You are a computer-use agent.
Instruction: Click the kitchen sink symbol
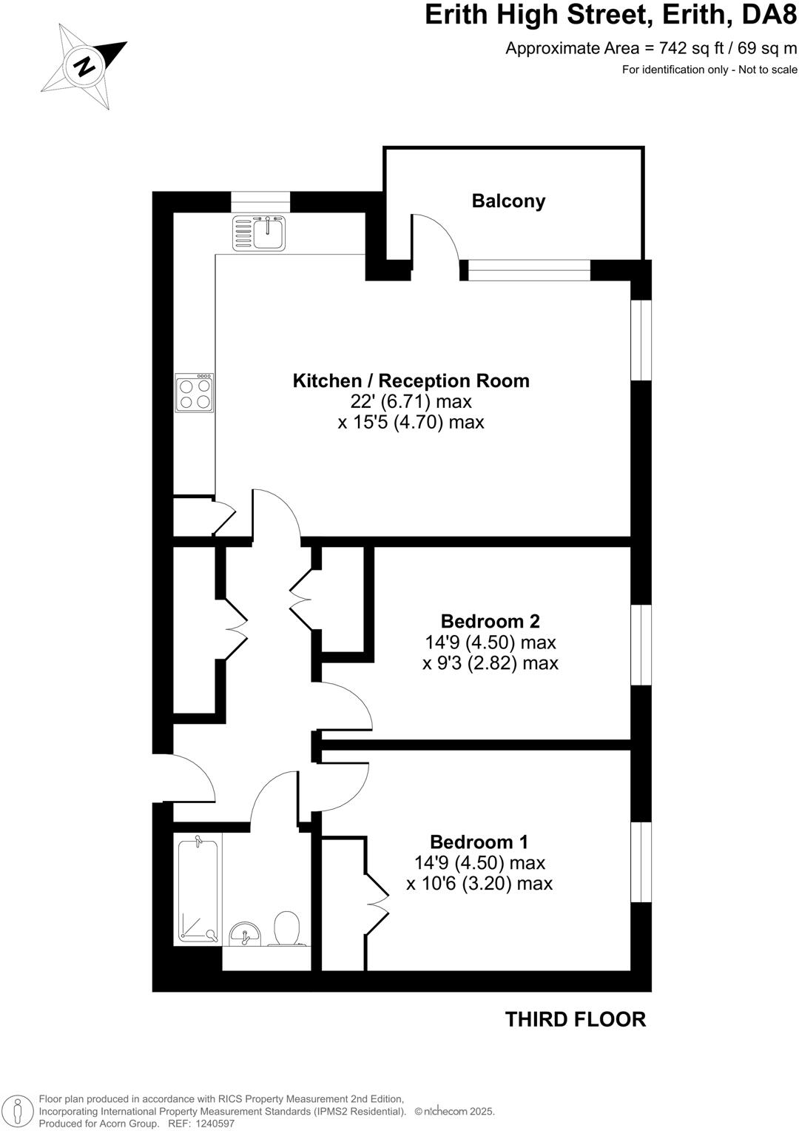[260, 232]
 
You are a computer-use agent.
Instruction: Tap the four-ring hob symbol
[195, 393]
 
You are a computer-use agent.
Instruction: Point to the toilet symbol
[286, 929]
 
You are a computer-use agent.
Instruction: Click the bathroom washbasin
[243, 934]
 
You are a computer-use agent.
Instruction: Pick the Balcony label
[508, 201]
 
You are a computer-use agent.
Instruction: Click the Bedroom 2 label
[490, 621]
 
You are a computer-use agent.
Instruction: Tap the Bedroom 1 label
[479, 842]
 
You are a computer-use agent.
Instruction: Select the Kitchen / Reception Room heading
[411, 381]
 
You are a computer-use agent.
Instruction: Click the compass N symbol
[85, 67]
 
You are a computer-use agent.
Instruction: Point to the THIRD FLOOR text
[575, 1019]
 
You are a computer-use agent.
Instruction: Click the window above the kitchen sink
[260, 201]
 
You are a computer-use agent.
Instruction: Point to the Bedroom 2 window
[641, 645]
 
